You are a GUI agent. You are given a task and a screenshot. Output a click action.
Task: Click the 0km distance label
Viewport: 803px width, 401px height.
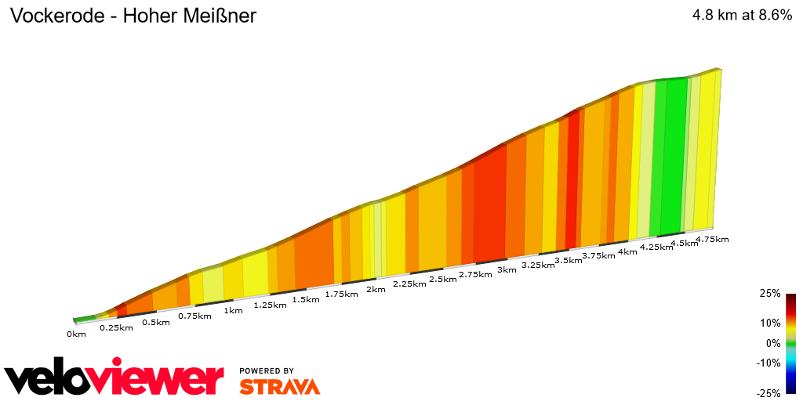(76, 334)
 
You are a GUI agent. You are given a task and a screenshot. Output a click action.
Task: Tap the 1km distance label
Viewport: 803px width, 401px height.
(233, 310)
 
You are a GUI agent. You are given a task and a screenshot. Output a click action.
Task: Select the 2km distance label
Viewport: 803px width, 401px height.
(376, 290)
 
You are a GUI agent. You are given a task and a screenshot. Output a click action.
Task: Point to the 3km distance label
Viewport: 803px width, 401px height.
(507, 270)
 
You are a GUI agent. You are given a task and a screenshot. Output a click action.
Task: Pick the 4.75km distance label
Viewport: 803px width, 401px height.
(712, 239)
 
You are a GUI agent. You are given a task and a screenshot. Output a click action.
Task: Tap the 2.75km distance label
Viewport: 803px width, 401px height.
(474, 275)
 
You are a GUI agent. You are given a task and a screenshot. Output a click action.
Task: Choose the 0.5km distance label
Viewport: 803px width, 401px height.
(156, 322)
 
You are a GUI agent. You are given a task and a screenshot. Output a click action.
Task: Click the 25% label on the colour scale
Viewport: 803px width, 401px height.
(770, 293)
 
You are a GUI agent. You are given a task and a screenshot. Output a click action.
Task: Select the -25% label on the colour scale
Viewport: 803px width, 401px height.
(768, 393)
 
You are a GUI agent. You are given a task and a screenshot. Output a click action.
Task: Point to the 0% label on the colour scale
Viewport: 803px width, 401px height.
(773, 342)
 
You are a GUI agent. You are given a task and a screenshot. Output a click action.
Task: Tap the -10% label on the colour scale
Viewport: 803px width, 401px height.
(768, 363)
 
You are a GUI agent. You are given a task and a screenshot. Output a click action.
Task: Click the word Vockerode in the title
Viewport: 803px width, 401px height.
(56, 16)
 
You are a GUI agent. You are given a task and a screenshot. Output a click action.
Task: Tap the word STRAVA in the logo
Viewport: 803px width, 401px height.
(279, 386)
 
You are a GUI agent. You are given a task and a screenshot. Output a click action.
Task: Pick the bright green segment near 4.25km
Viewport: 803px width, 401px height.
(670, 157)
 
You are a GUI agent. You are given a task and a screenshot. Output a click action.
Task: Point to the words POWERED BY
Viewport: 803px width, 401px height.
(267, 370)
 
